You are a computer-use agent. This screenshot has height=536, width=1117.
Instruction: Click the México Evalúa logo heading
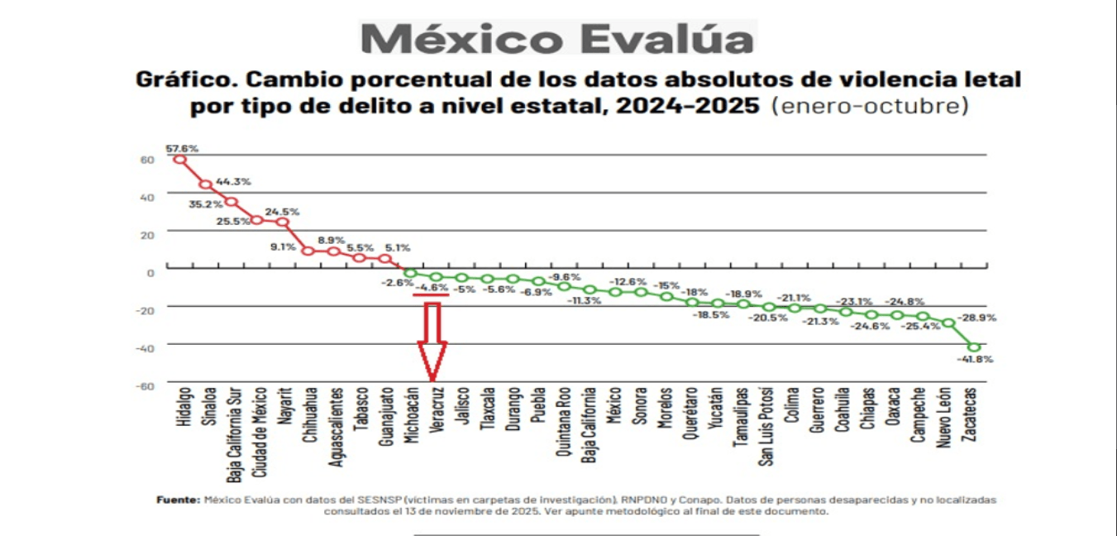click(558, 39)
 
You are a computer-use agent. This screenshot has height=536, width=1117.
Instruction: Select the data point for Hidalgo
click(180, 159)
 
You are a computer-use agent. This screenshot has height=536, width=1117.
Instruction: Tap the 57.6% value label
click(182, 148)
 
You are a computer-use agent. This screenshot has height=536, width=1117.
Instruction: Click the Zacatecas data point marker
click(973, 347)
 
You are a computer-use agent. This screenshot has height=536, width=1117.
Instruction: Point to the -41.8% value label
click(975, 360)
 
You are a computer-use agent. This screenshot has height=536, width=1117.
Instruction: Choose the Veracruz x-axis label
click(436, 406)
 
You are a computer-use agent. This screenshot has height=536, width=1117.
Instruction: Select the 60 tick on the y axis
click(147, 160)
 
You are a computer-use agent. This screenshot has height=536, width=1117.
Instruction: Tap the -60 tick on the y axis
click(146, 385)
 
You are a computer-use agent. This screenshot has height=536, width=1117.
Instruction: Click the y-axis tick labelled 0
click(150, 271)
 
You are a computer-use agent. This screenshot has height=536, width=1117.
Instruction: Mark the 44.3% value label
click(233, 181)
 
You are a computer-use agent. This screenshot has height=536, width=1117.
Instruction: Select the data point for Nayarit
click(283, 222)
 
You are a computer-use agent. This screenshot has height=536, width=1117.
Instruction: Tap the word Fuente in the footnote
click(177, 500)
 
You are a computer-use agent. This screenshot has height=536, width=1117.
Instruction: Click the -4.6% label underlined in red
click(432, 287)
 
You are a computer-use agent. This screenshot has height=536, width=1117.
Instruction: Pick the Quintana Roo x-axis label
click(564, 421)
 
